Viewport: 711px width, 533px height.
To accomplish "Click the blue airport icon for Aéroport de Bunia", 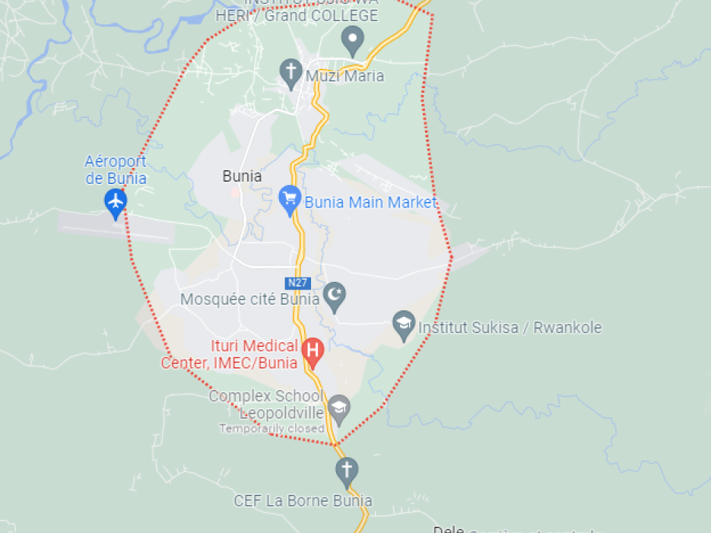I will (x=115, y=201).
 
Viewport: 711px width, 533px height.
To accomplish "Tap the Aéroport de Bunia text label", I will (x=116, y=170).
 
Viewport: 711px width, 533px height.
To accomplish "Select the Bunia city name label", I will (x=242, y=176).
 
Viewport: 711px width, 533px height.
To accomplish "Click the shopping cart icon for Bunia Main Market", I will (x=289, y=200).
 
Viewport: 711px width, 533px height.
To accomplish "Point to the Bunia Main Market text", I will (x=371, y=203).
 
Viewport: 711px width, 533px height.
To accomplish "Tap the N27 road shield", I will (x=297, y=282).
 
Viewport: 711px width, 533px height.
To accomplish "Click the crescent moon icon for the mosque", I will (x=335, y=297).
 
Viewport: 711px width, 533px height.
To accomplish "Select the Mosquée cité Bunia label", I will (x=250, y=300).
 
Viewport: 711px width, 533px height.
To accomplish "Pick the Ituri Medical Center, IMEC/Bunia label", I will (x=231, y=354).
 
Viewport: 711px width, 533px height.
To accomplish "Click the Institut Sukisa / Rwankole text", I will (x=510, y=328).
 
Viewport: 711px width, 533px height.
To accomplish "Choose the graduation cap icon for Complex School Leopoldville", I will (x=339, y=407).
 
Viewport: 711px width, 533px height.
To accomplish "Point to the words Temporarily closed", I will (x=271, y=428).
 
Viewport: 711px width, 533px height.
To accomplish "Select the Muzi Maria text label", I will (x=344, y=76).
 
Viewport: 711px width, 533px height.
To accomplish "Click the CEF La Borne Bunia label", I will (x=303, y=500).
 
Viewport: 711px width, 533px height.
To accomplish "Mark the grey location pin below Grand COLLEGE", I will (x=353, y=40).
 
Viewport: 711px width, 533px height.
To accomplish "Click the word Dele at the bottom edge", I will (x=448, y=530).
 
